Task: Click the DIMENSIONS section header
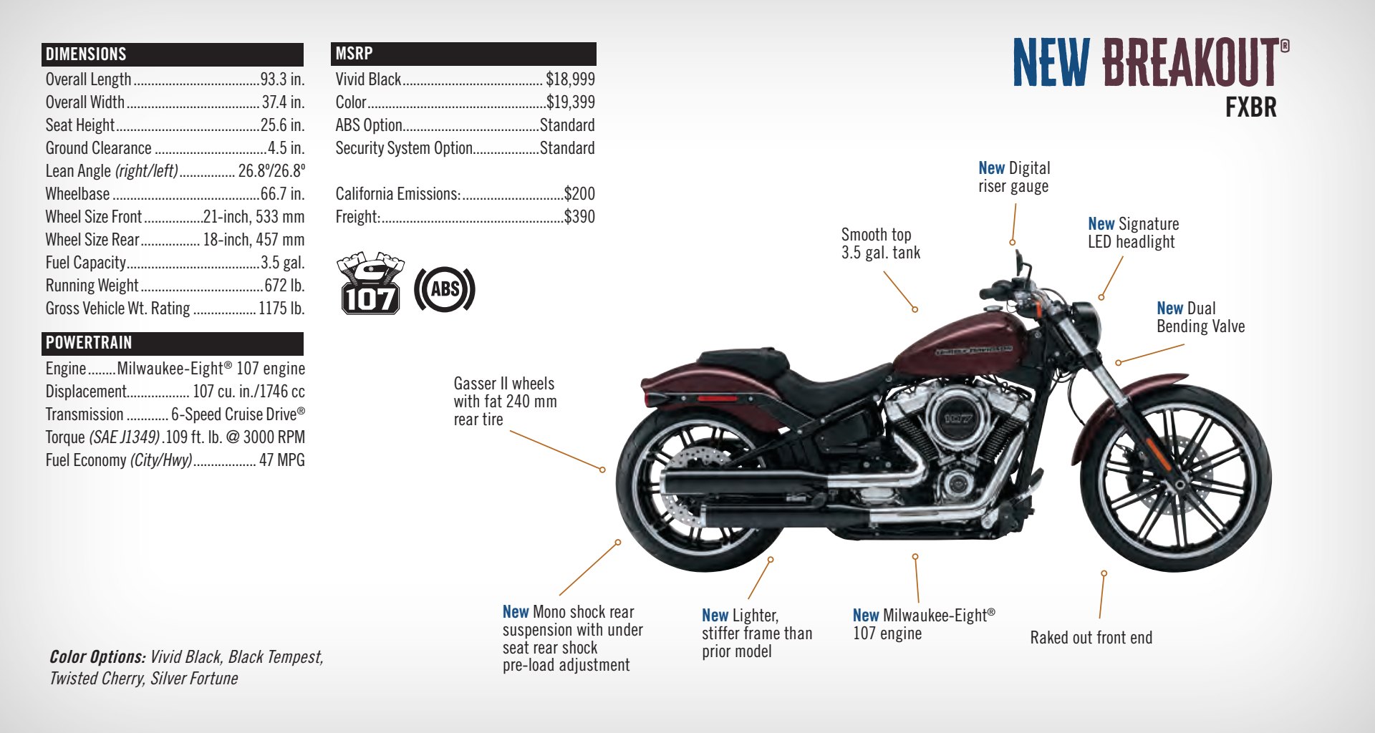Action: pos(86,54)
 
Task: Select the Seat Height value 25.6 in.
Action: pos(282,125)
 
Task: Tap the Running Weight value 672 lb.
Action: pos(284,286)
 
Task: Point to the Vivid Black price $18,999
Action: pos(570,79)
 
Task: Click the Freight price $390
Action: pos(579,217)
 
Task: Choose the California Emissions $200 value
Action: pos(579,194)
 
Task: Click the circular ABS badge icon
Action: pos(445,289)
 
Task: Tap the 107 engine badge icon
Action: pos(369,283)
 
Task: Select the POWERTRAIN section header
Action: pos(89,343)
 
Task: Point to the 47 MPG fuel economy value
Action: pos(281,460)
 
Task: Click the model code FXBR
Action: pos(1250,107)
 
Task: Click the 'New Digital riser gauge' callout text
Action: pos(1014,177)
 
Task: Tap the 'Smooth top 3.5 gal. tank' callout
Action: pos(880,243)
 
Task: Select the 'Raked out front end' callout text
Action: pos(1091,638)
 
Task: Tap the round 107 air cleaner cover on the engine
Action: pos(957,419)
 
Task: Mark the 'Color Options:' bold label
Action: pos(97,657)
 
